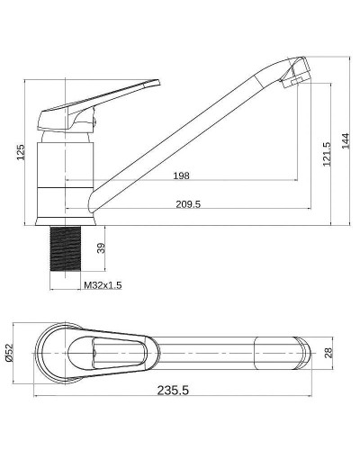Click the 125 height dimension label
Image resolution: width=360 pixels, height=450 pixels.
click(x=21, y=152)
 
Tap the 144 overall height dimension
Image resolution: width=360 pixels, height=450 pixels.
click(x=345, y=140)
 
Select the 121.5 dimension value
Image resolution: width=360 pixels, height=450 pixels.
click(x=327, y=154)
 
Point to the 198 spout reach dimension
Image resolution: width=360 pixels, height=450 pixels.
click(x=182, y=175)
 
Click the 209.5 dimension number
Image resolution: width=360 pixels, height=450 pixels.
click(x=188, y=204)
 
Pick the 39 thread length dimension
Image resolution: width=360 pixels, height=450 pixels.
click(x=102, y=248)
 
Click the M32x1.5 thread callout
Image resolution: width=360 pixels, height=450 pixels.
click(x=103, y=285)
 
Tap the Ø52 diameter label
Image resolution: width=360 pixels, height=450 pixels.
click(x=10, y=353)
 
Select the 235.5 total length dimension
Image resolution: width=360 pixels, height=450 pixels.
click(x=173, y=391)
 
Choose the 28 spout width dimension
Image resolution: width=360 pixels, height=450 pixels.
click(x=328, y=353)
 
